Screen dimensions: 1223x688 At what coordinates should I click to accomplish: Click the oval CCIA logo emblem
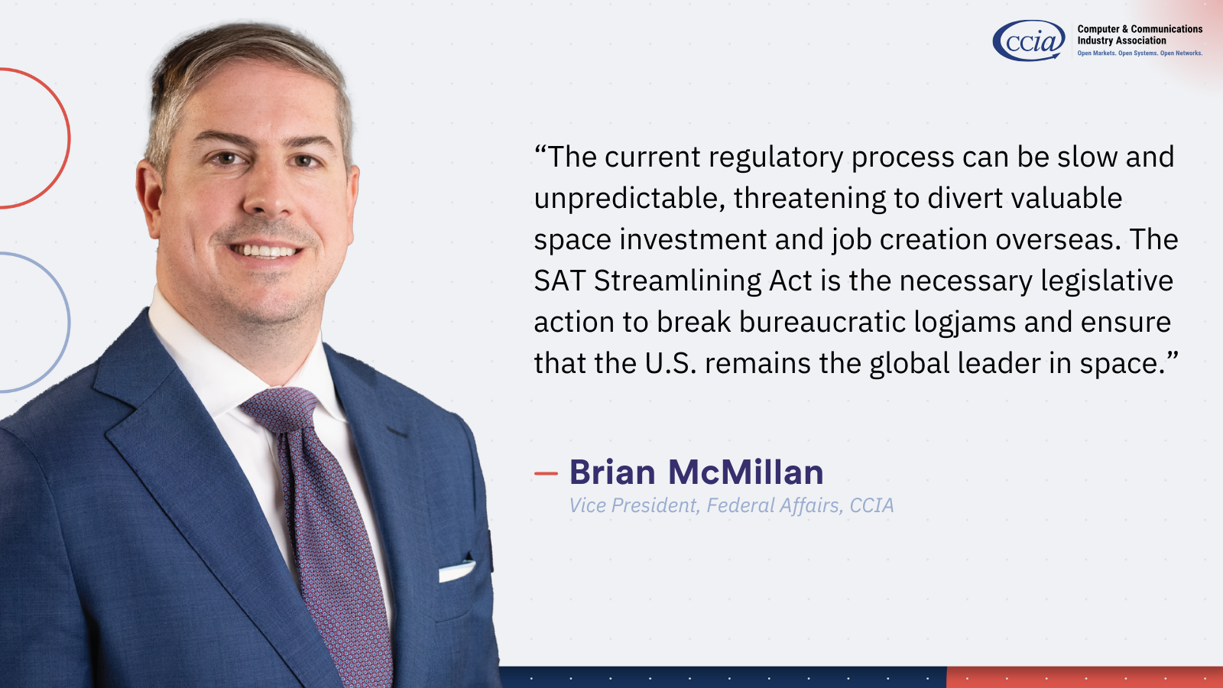pos(1029,41)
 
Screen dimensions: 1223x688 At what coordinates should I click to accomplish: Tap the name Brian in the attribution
pos(612,472)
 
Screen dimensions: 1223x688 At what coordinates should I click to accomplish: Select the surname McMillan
pos(746,472)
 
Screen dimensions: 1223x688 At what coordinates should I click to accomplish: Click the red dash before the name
pos(546,473)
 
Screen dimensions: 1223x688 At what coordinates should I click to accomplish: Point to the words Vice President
pos(634,505)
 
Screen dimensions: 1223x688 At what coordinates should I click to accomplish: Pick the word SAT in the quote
pos(560,281)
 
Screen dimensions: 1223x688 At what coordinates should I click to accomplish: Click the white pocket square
pos(456,571)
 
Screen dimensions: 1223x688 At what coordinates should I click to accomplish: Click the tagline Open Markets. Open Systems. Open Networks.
pos(1140,54)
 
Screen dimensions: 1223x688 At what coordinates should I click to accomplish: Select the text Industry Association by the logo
pos(1121,41)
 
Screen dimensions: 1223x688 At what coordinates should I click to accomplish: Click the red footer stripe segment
pos(1085,677)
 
